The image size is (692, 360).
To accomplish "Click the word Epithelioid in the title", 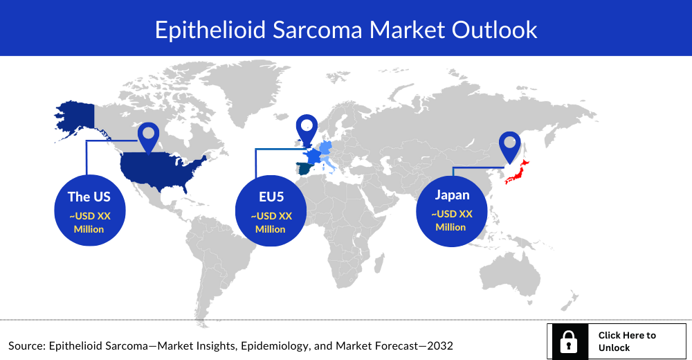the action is (210, 30).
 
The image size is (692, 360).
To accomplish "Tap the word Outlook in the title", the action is (494, 30).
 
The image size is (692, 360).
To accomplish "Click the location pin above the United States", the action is (148, 137).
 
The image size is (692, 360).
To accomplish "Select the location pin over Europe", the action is (307, 129).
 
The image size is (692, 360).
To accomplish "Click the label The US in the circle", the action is (89, 197).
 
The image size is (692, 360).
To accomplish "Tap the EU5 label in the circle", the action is (271, 197).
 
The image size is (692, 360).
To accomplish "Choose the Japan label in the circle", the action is (452, 195).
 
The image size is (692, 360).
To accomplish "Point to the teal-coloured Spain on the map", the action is (304, 169).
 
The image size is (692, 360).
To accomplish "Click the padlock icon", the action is (568, 342).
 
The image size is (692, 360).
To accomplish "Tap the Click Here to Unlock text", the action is (627, 341).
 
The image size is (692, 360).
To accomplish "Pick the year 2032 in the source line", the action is (439, 345).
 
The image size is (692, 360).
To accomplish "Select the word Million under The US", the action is (89, 229).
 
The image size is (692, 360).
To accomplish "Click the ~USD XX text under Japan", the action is (452, 214).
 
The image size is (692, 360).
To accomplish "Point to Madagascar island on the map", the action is (379, 263).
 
